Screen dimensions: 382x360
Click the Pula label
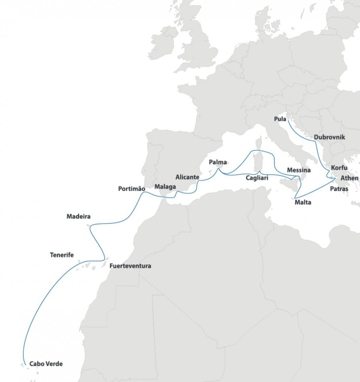pos(280,119)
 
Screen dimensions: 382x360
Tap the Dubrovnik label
pos(329,137)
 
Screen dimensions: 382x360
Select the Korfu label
pos(339,168)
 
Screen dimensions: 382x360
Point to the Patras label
pos(339,189)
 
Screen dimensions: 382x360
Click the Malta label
pos(303,202)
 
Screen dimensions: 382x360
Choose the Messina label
pos(299,170)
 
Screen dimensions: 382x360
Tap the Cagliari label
pos(257,178)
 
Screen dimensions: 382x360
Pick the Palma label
pos(218,162)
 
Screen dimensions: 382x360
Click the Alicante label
pos(187,177)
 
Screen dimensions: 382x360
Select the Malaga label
pos(165,187)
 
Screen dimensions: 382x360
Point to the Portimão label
pos(132,189)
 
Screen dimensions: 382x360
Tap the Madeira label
pos(78,216)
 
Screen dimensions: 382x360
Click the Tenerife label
pos(62,255)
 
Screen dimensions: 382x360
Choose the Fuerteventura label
pos(130,266)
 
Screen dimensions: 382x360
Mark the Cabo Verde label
pos(46,364)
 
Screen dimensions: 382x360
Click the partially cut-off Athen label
pos(349,178)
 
